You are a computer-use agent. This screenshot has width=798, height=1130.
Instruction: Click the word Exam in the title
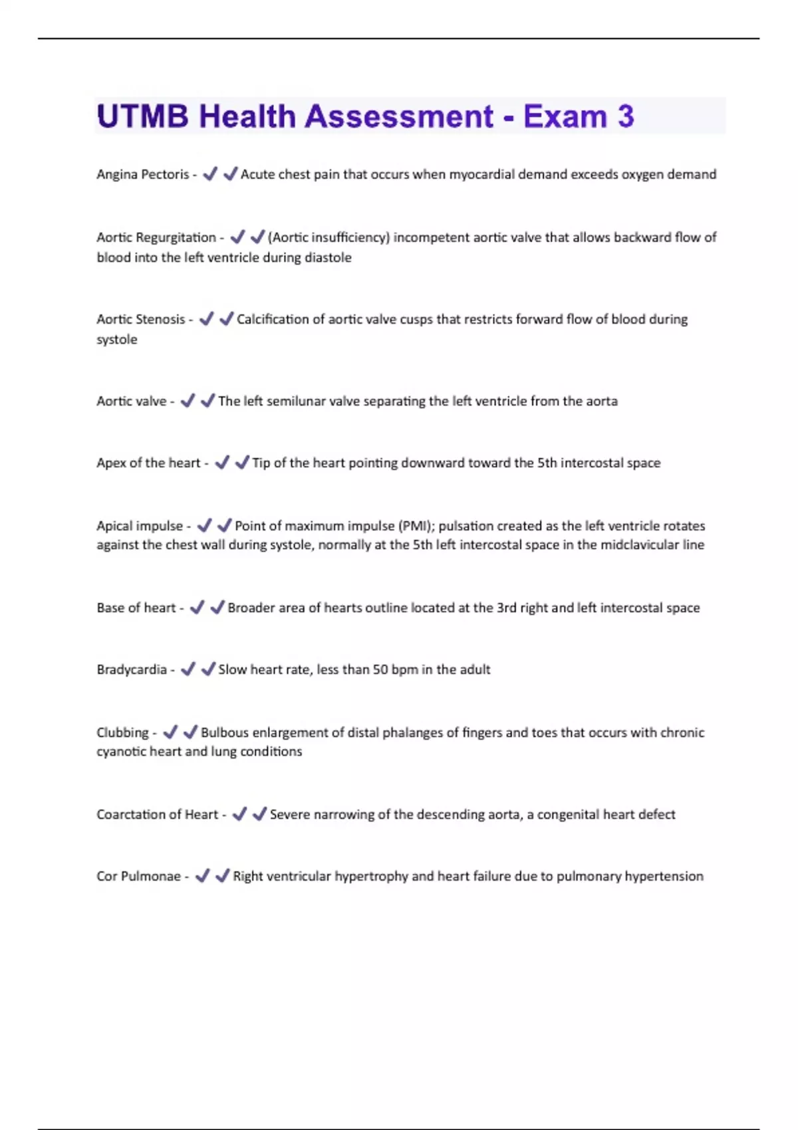565,116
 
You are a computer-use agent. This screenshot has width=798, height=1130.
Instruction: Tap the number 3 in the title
625,116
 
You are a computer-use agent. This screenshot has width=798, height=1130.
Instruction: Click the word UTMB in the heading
143,116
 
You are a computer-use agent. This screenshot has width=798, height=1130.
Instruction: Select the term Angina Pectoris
143,174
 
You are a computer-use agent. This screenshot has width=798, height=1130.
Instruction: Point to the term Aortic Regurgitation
156,237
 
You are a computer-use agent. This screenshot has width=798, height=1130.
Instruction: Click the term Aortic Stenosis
141,319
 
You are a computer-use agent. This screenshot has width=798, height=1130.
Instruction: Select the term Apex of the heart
148,463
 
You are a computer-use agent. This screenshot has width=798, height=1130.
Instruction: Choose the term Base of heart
136,608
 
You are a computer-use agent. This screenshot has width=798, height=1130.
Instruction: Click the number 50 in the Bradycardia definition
380,669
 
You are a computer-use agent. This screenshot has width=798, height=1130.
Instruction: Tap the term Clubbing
123,733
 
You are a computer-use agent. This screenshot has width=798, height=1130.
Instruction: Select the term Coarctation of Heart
158,814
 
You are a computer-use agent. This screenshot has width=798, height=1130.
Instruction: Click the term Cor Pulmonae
138,876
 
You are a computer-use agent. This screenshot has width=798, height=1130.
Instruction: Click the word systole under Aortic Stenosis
117,339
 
